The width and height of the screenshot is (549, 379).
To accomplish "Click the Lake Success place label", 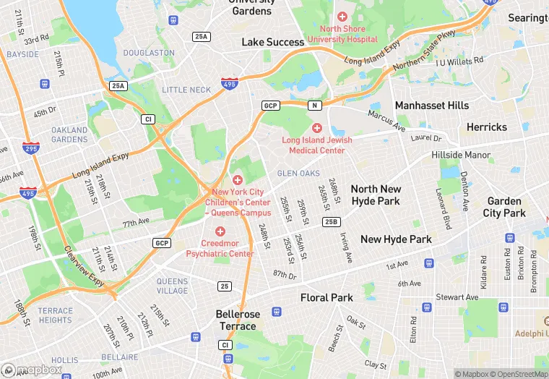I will [273, 42].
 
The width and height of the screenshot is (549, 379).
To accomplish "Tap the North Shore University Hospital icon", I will [342, 17].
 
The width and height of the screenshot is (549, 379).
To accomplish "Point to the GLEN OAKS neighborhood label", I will [298, 174].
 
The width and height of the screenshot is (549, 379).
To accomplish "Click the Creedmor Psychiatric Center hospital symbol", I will [220, 231].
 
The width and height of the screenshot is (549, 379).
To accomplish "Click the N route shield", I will [314, 106].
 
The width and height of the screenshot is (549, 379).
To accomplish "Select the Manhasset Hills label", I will [431, 106].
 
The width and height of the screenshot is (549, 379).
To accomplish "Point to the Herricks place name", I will [487, 127].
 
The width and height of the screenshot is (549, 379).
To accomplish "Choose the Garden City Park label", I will [504, 207].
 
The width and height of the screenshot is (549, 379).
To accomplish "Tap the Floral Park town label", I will [327, 297].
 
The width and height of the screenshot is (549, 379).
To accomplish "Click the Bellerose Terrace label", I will [237, 320].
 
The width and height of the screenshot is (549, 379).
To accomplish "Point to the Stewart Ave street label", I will [457, 297].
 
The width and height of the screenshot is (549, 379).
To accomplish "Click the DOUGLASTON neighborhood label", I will [149, 53].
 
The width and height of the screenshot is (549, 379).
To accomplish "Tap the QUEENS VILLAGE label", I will [172, 286].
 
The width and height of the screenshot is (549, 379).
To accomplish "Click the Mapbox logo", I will [33, 370].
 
